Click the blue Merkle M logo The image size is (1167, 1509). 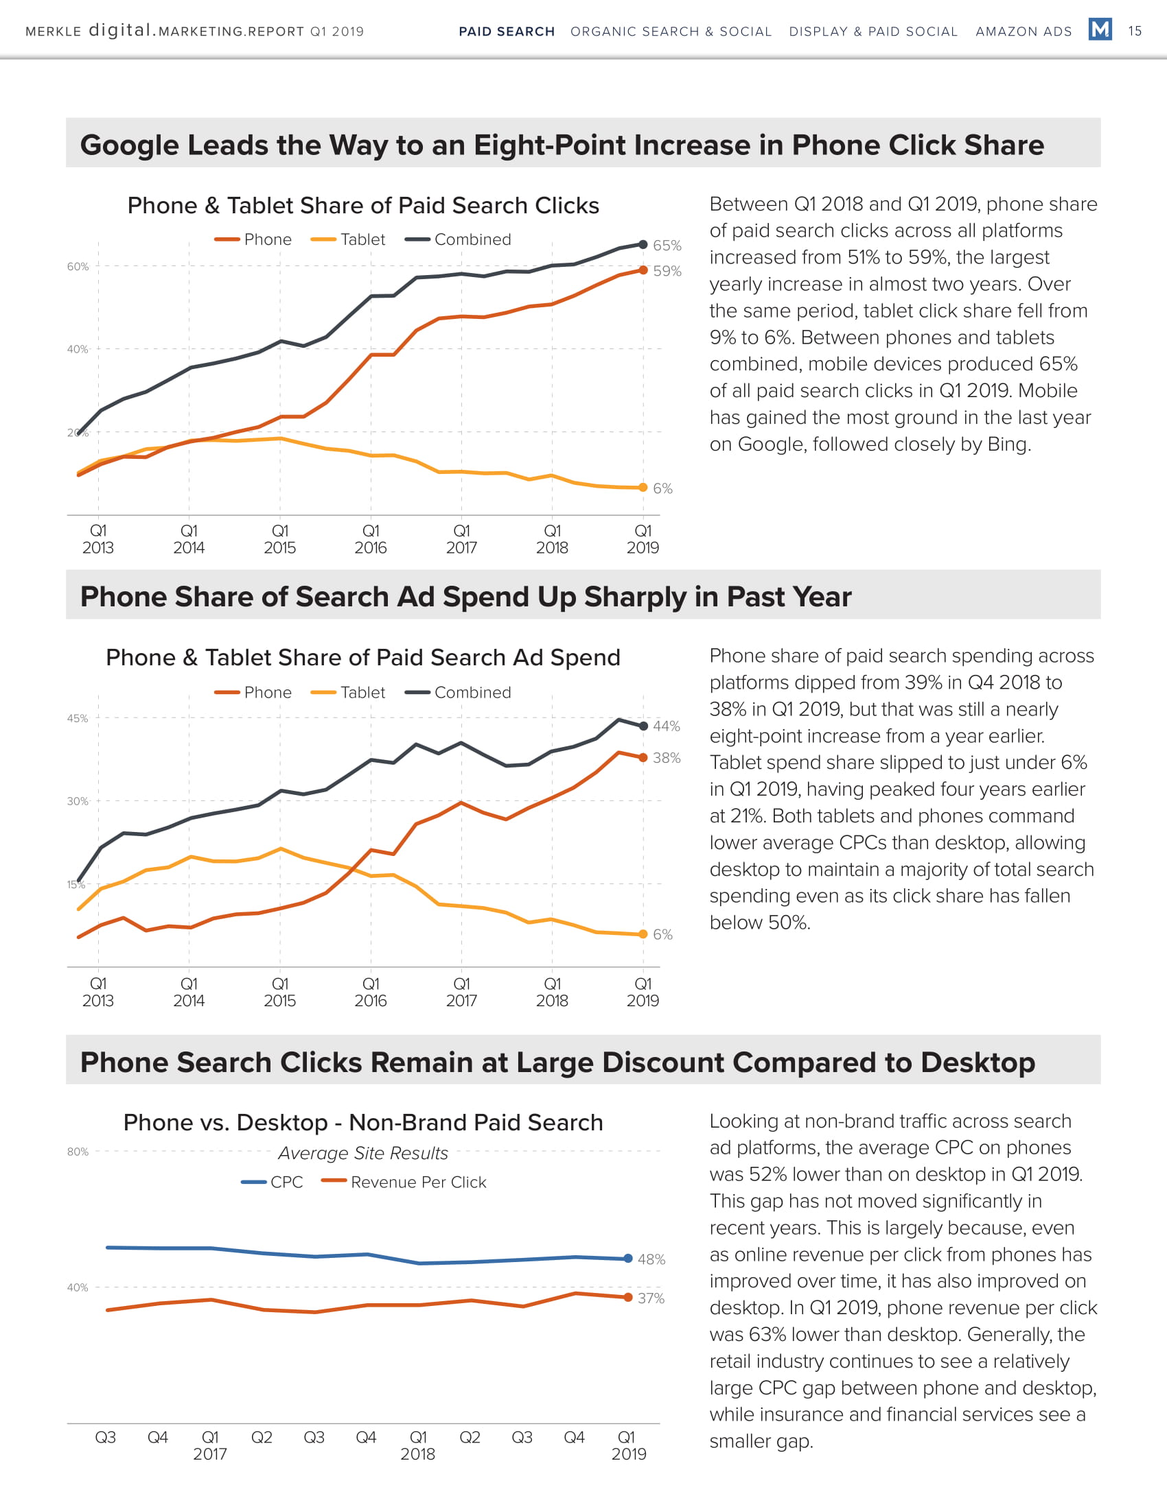[x=1099, y=29]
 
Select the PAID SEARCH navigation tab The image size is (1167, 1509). [x=507, y=32]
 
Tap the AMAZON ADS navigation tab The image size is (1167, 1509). [x=1024, y=32]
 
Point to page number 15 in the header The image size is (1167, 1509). [x=1135, y=31]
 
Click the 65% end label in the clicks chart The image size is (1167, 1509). [x=667, y=246]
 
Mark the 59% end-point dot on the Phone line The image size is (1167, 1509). [x=643, y=270]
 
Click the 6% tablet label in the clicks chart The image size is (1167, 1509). [x=662, y=488]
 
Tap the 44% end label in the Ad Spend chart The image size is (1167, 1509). [x=667, y=726]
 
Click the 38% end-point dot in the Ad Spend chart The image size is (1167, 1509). [x=643, y=758]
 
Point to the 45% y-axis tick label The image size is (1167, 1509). [x=78, y=719]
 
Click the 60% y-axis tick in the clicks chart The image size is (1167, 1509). [x=78, y=267]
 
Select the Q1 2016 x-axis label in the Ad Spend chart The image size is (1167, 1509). [x=371, y=992]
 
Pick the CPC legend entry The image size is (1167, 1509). [x=273, y=1183]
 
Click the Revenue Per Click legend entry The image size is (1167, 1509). [x=404, y=1183]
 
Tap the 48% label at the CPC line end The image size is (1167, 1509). [x=651, y=1259]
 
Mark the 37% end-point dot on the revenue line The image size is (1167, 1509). [x=627, y=1298]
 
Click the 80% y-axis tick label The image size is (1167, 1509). [x=78, y=1152]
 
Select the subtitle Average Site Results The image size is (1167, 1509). [x=363, y=1153]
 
